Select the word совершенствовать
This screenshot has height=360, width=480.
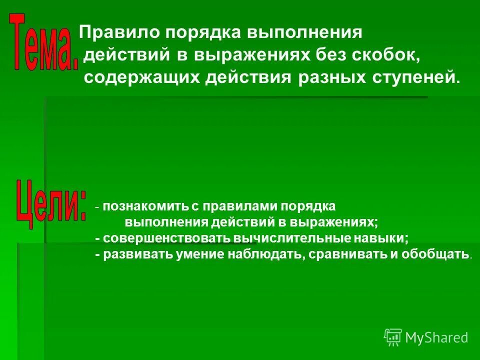pyautogui.click(x=162, y=238)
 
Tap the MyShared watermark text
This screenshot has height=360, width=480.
pyautogui.click(x=436, y=337)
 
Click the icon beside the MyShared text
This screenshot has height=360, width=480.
pyautogui.click(x=392, y=337)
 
